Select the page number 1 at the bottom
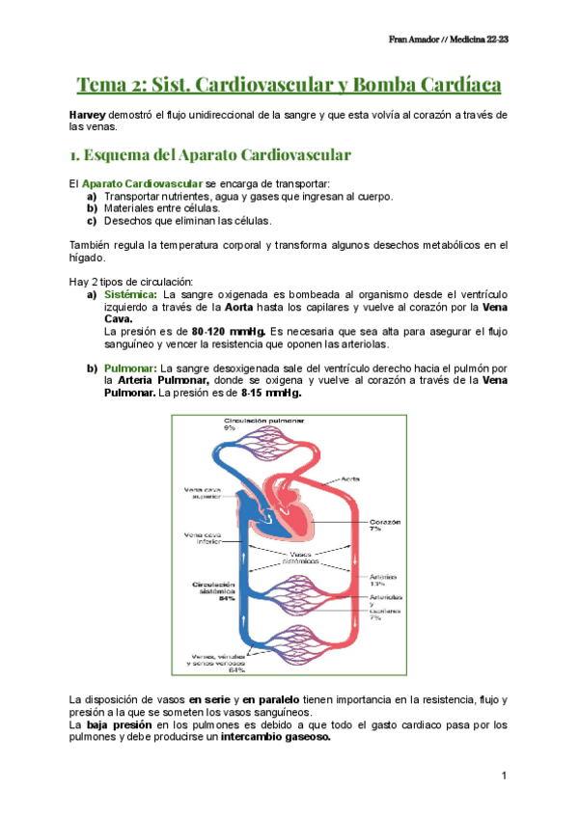pos(504,776)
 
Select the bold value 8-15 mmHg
pos(271,393)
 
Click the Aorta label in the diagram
pos(349,477)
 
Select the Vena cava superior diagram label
pos(207,494)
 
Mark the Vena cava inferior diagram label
pos(206,538)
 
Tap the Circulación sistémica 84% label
pos(213,589)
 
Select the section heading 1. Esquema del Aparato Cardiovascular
pos(210,154)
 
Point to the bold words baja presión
pos(115,723)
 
